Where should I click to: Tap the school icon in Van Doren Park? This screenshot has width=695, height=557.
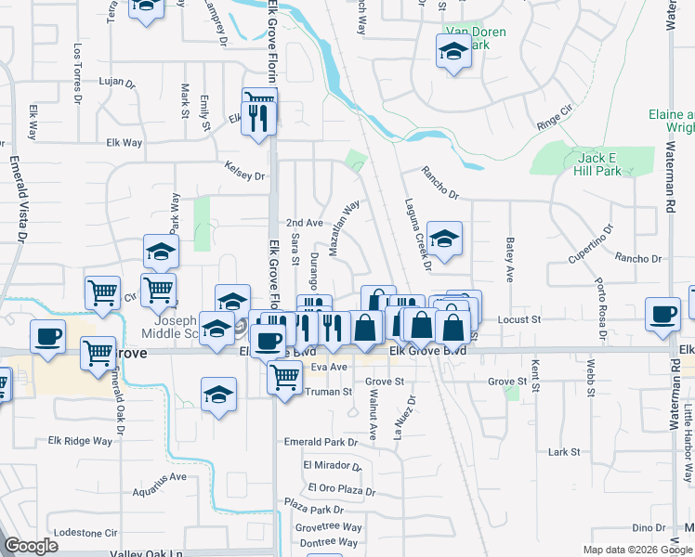pos(453,52)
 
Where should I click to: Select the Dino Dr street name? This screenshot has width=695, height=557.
pos(649,527)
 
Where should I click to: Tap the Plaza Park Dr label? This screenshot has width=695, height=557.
pos(314,509)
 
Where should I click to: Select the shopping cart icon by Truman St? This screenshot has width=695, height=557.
pos(284,376)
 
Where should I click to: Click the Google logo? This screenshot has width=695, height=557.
pos(31,546)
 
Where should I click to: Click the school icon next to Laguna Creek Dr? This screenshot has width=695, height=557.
pos(444,240)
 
